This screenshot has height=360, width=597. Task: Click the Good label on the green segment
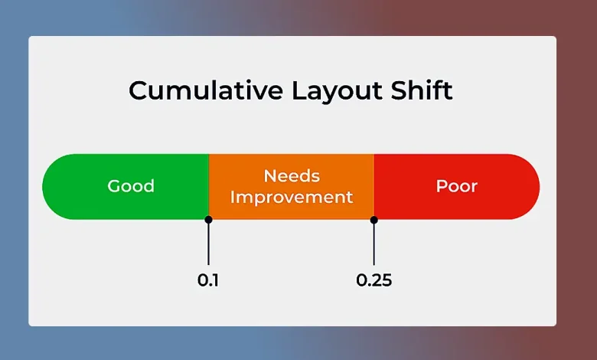(131, 186)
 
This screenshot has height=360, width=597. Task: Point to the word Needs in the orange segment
(292, 175)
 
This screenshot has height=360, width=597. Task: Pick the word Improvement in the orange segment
(292, 197)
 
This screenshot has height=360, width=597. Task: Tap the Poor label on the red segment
(457, 186)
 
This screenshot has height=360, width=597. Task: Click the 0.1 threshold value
(208, 280)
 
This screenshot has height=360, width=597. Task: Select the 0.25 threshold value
(374, 280)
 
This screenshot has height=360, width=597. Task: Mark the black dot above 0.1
(208, 220)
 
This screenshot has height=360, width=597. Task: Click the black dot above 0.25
(374, 220)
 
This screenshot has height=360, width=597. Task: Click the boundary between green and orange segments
(209, 186)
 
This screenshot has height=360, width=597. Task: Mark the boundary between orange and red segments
(374, 186)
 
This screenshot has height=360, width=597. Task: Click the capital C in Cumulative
(139, 90)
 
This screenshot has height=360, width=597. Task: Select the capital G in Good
(114, 186)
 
